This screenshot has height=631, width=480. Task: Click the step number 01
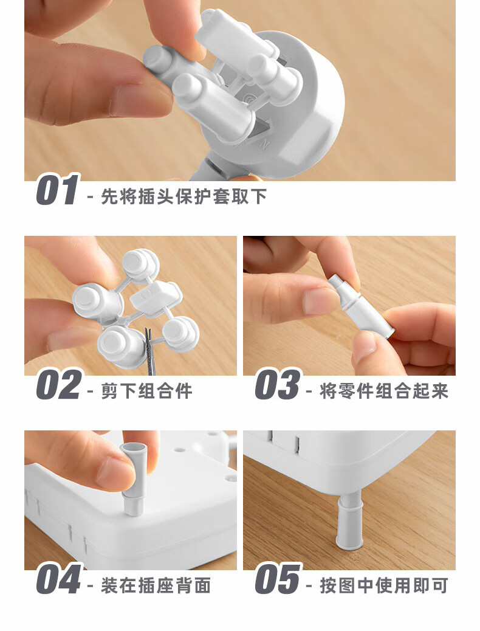click(x=57, y=190)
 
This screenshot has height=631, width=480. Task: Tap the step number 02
click(x=59, y=385)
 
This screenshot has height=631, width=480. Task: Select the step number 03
click(x=278, y=385)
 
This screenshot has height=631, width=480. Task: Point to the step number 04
click(x=59, y=579)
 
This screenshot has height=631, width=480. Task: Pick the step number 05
click(x=278, y=579)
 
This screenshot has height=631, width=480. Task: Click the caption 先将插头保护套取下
click(x=184, y=197)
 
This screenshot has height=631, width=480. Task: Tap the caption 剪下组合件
click(x=146, y=391)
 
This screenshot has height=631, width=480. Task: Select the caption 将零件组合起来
click(x=384, y=391)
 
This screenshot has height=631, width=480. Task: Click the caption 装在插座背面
click(x=156, y=585)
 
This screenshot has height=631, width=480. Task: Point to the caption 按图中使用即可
click(x=384, y=585)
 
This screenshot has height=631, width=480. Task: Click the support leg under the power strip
click(x=349, y=519)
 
